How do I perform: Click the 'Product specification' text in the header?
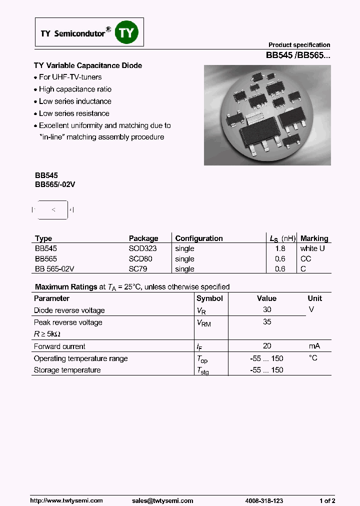(x=299, y=45)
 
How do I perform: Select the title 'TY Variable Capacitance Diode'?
(x=88, y=65)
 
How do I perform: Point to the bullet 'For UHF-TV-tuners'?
(x=70, y=77)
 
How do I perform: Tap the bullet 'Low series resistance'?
(x=74, y=113)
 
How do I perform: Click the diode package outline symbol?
(x=53, y=210)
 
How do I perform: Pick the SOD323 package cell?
(x=142, y=248)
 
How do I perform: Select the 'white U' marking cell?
(x=312, y=248)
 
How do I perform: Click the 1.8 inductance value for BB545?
(x=280, y=248)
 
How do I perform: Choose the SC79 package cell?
(x=138, y=269)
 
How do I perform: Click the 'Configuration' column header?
(x=199, y=238)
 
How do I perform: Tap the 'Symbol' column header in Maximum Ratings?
(x=209, y=298)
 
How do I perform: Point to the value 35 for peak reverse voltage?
(x=267, y=322)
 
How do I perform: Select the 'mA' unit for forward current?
(x=314, y=346)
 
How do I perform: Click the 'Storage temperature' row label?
(x=67, y=370)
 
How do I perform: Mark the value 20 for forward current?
(x=267, y=346)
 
